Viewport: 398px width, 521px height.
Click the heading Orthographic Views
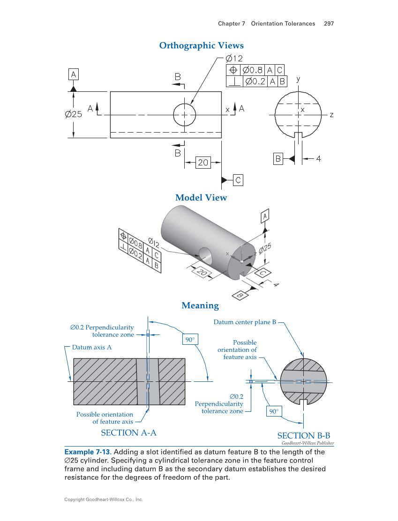[201, 45]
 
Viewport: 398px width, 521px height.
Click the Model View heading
[201, 198]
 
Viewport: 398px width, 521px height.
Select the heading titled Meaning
[200, 305]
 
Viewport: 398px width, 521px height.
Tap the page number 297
[329, 23]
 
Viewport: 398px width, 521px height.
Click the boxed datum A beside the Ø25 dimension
[74, 74]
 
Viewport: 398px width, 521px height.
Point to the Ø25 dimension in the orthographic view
[74, 114]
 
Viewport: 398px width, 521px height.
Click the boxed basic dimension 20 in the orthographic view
[203, 163]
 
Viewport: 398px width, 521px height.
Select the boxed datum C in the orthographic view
[238, 180]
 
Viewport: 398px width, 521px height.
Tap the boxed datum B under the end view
[278, 159]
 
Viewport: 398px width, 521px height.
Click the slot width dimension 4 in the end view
[318, 159]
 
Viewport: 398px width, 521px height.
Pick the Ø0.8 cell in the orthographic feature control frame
[253, 70]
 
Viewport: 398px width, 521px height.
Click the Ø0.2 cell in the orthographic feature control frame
[255, 81]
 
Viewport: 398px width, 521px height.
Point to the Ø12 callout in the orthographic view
[234, 59]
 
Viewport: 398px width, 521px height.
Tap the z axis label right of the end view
[331, 114]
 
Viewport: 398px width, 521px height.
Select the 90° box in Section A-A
[190, 339]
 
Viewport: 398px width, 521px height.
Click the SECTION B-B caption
[304, 436]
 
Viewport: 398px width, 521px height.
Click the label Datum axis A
[91, 347]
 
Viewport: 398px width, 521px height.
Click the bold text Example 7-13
[87, 452]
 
